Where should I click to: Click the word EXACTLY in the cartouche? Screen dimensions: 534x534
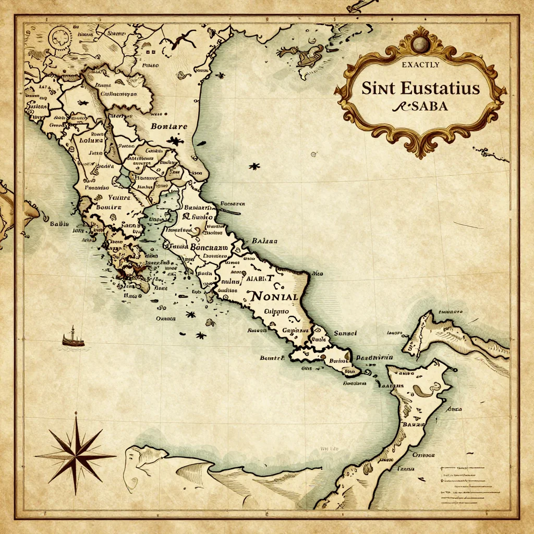[420, 65]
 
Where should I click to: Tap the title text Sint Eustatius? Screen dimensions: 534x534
[420, 88]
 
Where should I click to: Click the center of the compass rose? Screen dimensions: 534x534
[76, 454]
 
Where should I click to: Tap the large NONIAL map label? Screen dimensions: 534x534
[274, 296]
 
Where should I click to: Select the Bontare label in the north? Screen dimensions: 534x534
[168, 126]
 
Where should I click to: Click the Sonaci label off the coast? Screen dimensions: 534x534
[344, 333]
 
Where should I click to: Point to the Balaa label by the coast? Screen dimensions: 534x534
[264, 241]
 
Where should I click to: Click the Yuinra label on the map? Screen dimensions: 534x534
[119, 198]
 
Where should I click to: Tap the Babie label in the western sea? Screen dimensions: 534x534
[59, 224]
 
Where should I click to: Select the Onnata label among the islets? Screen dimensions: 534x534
[165, 318]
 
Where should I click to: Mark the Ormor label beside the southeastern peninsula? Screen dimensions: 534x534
[423, 454]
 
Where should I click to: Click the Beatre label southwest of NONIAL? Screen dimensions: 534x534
[272, 358]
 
